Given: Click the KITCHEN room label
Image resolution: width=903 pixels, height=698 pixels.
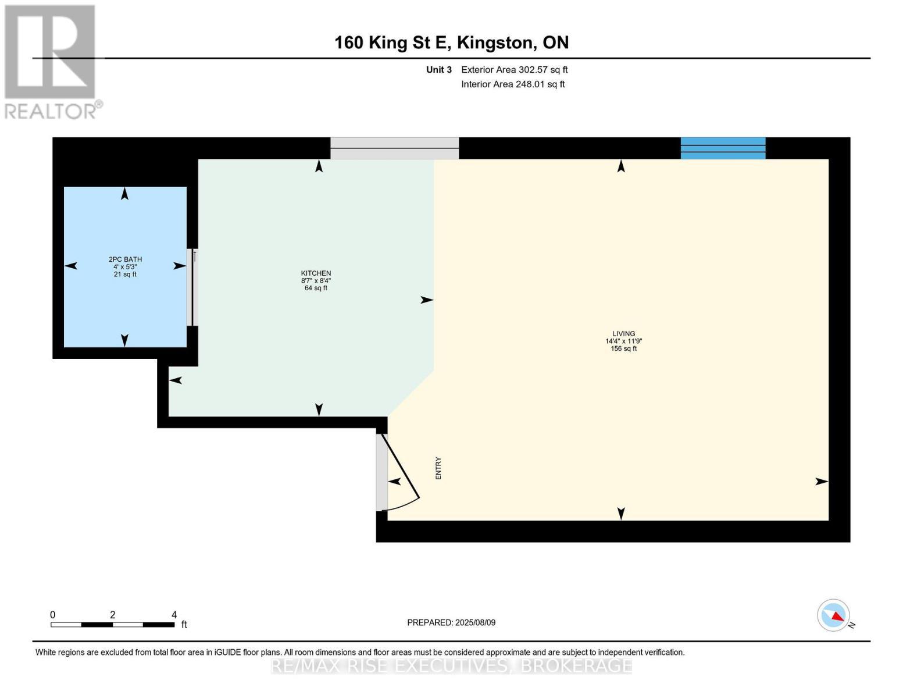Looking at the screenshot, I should pos(316,273).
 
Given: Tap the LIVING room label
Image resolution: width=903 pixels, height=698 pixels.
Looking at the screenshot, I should pos(623,334).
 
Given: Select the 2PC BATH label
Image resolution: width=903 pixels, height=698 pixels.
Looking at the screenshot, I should pos(125,259).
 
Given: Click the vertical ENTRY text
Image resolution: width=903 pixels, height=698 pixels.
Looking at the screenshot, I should pos(438,468).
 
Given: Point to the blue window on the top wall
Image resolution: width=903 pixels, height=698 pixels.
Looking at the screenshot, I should pos(723,148).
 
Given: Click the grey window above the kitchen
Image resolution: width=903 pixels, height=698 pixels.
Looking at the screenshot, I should pos(394,148).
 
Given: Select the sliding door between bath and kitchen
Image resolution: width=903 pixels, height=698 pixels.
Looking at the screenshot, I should pos(194,287).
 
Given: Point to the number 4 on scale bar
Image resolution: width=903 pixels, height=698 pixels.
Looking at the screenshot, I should pos(174,614).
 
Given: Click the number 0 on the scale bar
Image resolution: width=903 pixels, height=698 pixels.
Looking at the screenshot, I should pos(53,614).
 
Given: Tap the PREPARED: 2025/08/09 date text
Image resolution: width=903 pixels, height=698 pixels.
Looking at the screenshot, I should pos(451,622).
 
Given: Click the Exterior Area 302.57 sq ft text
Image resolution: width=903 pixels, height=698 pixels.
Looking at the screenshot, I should pos(514,70).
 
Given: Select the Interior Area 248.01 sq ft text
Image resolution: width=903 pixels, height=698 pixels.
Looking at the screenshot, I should pos(513,84).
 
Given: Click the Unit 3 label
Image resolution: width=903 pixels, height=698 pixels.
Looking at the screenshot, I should pos(438,70).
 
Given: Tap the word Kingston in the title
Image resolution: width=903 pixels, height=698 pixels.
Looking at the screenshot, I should pos(495,42).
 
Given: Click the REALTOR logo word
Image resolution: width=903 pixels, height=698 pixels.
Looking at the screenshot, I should pos(51,111).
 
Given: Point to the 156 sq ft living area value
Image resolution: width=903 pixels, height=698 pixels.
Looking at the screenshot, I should pos(623,349).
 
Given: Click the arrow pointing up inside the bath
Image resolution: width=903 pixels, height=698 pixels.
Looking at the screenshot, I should pos(124,194).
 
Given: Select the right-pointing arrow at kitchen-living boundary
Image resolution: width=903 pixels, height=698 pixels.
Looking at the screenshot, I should pos(427,300).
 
